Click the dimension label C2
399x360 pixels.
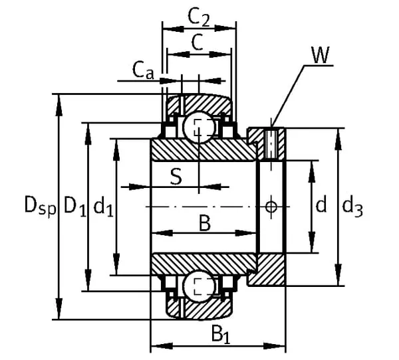coord(199,17)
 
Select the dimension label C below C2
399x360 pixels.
coord(198,43)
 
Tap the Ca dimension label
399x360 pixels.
coord(143,70)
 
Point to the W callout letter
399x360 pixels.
coord(321,55)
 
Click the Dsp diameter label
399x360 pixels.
coord(40,205)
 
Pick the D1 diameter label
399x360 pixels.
coord(74,205)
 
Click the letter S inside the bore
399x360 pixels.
coord(176,177)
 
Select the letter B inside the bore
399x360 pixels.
coord(205,223)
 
